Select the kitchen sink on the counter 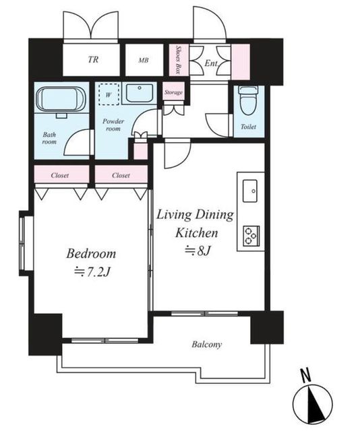point(250,191)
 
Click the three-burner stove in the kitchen point(251,236)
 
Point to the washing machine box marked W point(109,94)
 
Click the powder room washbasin point(140,93)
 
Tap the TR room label point(93,59)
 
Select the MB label point(144,60)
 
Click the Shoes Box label point(178,60)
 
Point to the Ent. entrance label point(211,63)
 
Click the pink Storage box point(173,92)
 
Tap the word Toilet point(248,127)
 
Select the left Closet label point(60,175)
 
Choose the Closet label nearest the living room point(121,175)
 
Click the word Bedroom point(91,253)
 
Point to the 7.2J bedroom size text point(92,272)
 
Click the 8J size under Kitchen point(198,251)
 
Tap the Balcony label point(207,344)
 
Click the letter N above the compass point(306,375)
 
